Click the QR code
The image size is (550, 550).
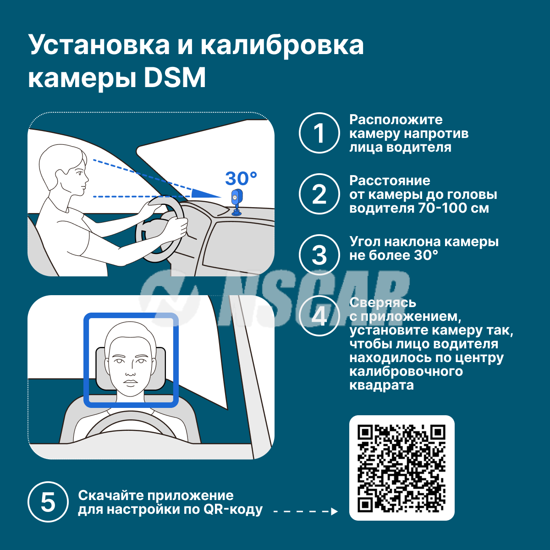tap(401, 468)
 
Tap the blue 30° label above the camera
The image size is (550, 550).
tap(241, 179)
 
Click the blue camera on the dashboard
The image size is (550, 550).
tap(236, 203)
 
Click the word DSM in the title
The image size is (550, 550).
tap(175, 77)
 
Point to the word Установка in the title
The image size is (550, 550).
tap(99, 45)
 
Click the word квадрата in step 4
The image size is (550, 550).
tap(381, 385)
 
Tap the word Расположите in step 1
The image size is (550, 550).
tap(396, 120)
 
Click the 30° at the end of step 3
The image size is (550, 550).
tap(426, 255)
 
